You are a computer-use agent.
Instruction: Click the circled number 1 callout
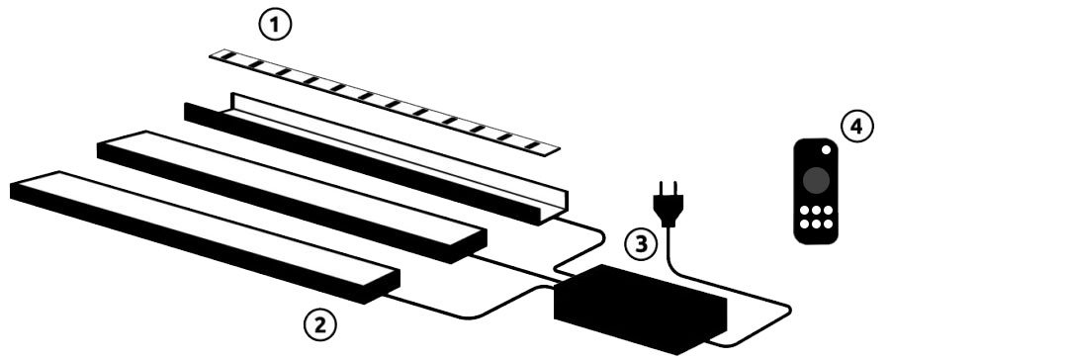point(275,26)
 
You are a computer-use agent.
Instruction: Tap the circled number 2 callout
point(319,325)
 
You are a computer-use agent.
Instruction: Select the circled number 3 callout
point(641,244)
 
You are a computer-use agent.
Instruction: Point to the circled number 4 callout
point(856,127)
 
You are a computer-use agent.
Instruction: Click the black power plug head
point(668,204)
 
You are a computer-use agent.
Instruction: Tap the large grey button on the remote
point(816,180)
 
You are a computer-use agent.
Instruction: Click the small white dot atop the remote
point(826,149)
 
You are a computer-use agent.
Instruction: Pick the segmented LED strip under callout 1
point(384,102)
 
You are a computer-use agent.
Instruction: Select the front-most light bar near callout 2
point(205,236)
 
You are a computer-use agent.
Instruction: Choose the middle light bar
point(292,197)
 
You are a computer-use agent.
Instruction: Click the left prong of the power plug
point(662,188)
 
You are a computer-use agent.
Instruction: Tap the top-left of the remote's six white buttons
point(804,211)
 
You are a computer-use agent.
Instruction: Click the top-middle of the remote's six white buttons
point(816,211)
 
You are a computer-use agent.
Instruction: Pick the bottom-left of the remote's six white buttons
point(804,224)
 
